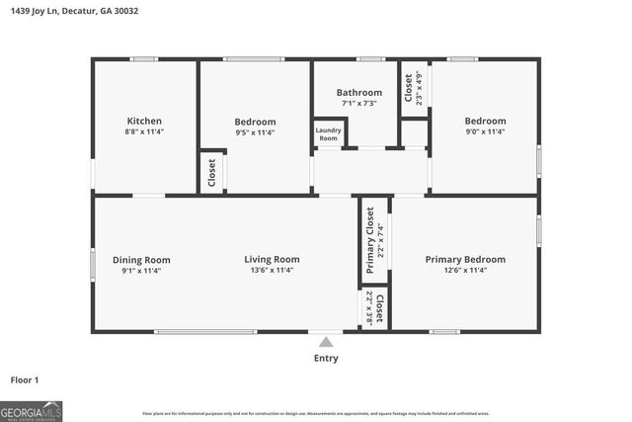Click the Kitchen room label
[x=144, y=121]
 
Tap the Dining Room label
[x=141, y=260]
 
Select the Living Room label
[x=272, y=260]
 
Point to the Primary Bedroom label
[x=465, y=260]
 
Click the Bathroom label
[x=359, y=93]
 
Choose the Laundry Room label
[x=328, y=134]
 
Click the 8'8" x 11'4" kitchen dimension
[x=144, y=131]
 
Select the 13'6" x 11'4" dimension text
[x=272, y=271]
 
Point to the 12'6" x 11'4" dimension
[x=465, y=271]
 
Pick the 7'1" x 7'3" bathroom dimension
[x=359, y=104]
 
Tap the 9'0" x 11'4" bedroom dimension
[x=485, y=131]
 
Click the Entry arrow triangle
[x=326, y=342]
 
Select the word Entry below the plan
[x=326, y=358]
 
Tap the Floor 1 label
[x=25, y=379]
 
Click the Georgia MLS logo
[x=32, y=410]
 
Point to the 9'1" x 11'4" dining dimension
[x=141, y=271]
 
